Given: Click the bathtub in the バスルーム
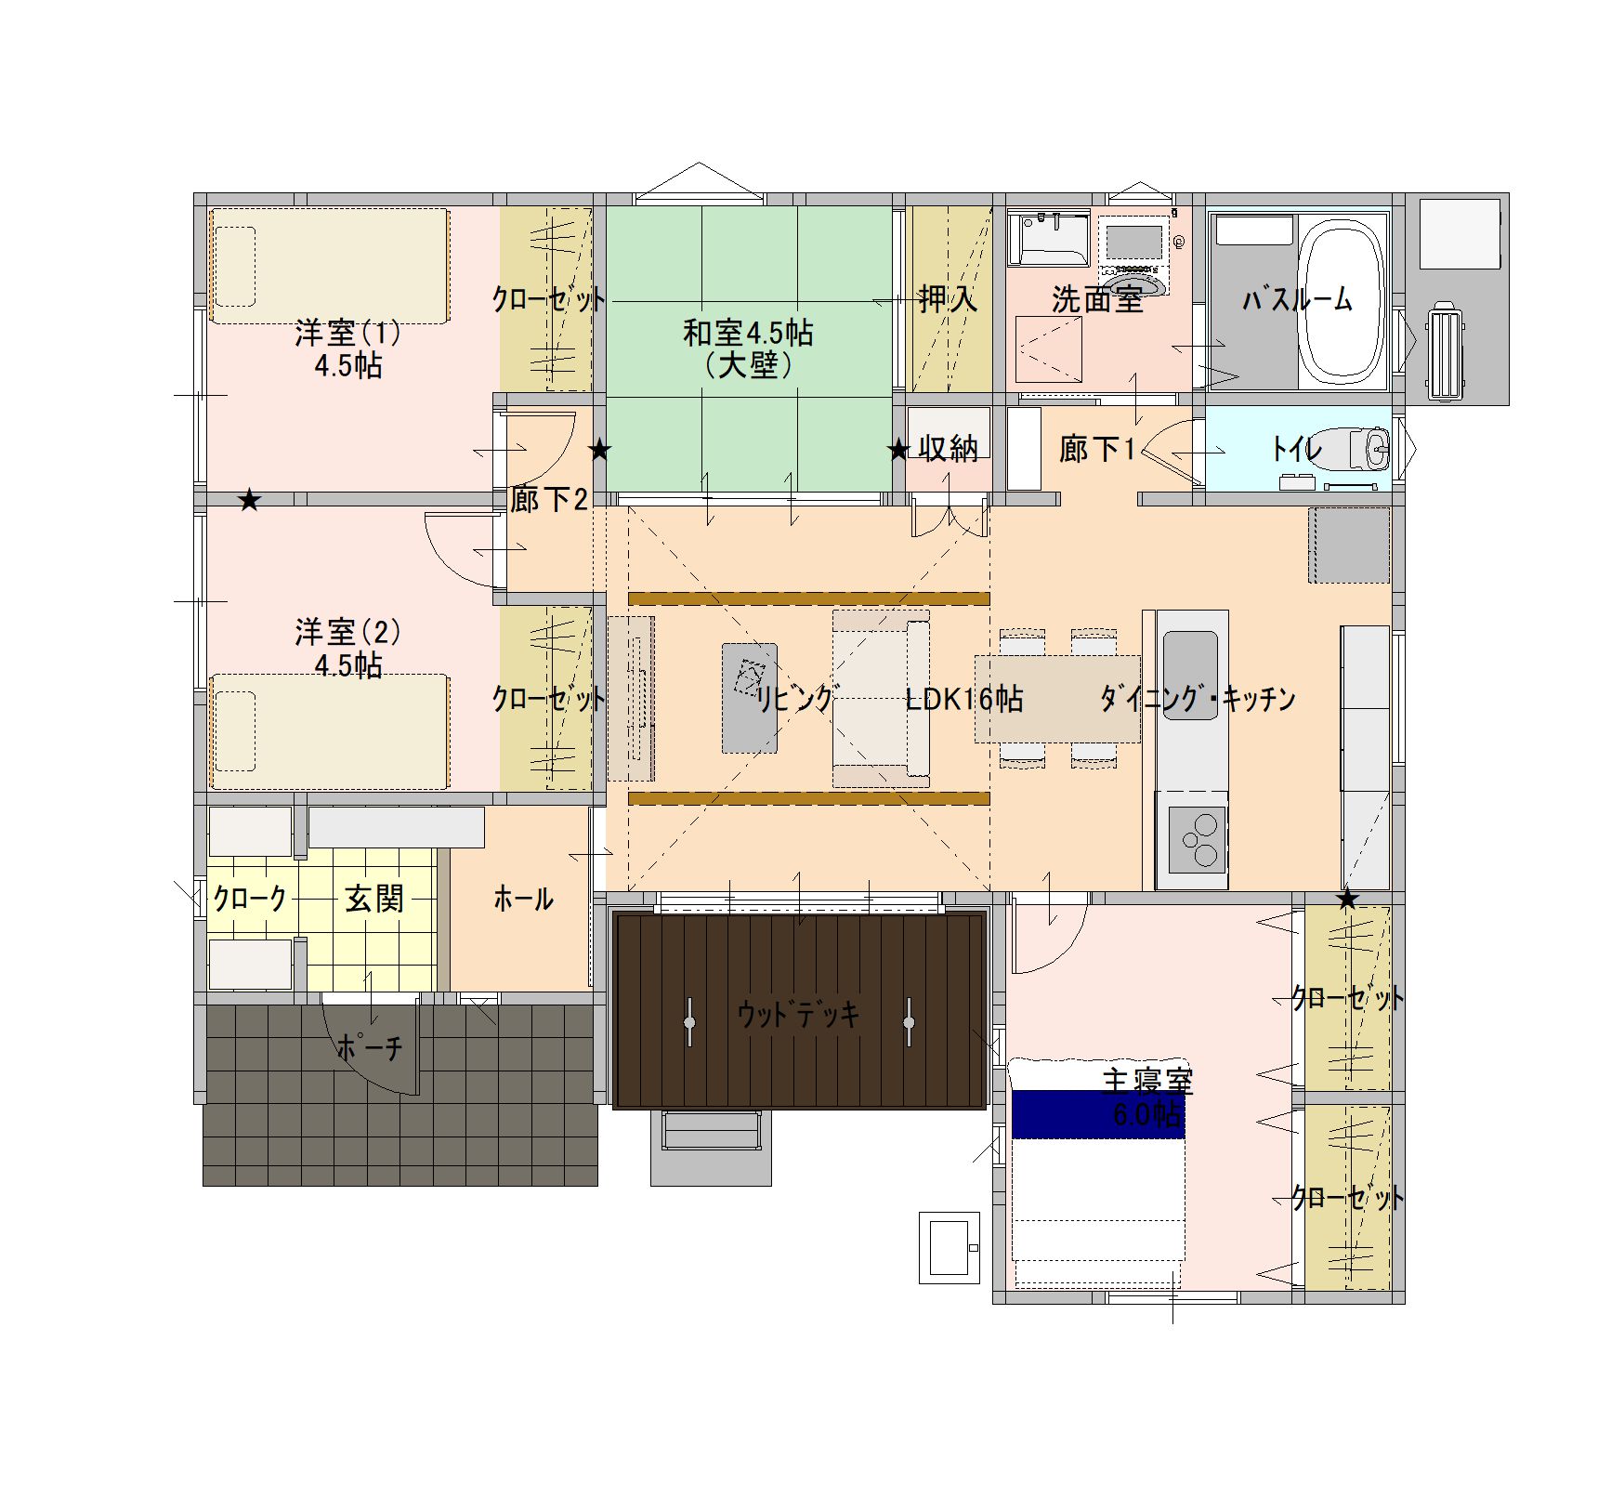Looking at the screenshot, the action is (1341, 303).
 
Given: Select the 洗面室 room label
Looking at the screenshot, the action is (1097, 299).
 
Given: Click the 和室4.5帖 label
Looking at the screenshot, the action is (748, 332).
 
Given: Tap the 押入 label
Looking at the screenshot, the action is (948, 298).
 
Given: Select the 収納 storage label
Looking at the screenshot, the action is (949, 449).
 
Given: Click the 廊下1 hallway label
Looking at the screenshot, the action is (1097, 450).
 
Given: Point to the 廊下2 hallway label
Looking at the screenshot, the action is (549, 500).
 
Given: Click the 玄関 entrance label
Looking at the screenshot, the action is (374, 899).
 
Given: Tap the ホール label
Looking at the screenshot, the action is (523, 899).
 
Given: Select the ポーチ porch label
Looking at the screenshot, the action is (370, 1047).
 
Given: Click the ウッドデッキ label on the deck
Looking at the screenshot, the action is (799, 1014).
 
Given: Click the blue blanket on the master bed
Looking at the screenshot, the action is (1098, 1114).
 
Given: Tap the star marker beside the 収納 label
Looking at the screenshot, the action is (897, 451).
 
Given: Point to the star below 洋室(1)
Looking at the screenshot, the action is (249, 501).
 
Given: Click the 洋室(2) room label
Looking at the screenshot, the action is (347, 632).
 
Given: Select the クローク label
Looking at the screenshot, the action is (250, 899).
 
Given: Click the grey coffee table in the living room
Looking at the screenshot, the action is (750, 698).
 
